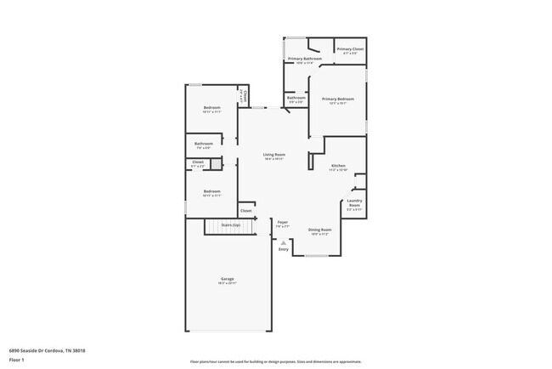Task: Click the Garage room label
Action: click(228, 279)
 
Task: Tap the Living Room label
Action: click(273, 155)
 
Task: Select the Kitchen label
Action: click(338, 165)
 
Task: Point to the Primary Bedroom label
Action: click(337, 99)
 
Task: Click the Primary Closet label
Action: click(349, 49)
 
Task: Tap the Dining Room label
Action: click(319, 230)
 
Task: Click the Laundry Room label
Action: click(354, 204)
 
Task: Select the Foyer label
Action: click(283, 223)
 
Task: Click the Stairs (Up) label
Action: click(230, 225)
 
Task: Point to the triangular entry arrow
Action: click(284, 242)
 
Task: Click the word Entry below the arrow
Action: click(284, 249)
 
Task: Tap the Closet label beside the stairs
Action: click(245, 210)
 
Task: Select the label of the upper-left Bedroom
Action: click(211, 107)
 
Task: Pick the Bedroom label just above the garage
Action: click(211, 191)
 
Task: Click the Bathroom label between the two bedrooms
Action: click(203, 144)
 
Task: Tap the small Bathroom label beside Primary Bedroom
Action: click(296, 98)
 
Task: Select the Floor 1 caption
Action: click(15, 360)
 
